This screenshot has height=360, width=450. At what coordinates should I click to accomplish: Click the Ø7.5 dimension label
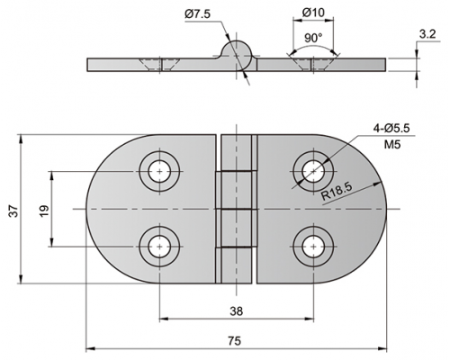[x=198, y=14]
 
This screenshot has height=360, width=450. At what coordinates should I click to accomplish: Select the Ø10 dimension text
[x=313, y=13]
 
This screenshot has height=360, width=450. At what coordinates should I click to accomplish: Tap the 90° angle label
[x=313, y=38]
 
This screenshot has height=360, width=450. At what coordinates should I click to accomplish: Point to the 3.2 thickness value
[x=427, y=34]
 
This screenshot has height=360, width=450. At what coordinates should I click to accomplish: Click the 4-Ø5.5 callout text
[x=391, y=129]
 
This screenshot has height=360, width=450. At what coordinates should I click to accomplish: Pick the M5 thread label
[x=392, y=145]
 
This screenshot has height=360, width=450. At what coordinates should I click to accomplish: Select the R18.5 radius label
[x=336, y=192]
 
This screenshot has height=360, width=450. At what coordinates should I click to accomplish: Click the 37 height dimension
[x=14, y=211]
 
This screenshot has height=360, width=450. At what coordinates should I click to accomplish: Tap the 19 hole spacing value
[x=44, y=211]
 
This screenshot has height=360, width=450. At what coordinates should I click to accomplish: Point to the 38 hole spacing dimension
[x=237, y=311]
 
